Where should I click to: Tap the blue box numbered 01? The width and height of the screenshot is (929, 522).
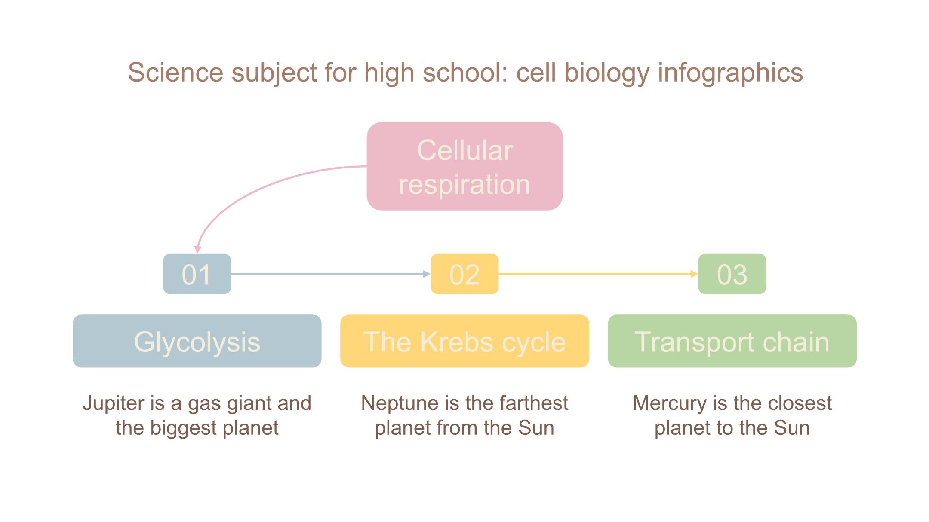197,274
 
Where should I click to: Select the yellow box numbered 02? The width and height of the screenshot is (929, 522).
464,274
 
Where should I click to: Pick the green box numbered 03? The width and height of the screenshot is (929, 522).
732,274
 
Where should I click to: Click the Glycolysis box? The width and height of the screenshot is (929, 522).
197,341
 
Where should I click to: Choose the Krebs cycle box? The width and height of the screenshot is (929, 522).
464,341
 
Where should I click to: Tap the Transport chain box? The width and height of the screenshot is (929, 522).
732,341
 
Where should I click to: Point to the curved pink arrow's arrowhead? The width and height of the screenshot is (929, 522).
198,249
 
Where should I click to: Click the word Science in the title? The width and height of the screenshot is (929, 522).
175,72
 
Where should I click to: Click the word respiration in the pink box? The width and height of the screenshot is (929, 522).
464,185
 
